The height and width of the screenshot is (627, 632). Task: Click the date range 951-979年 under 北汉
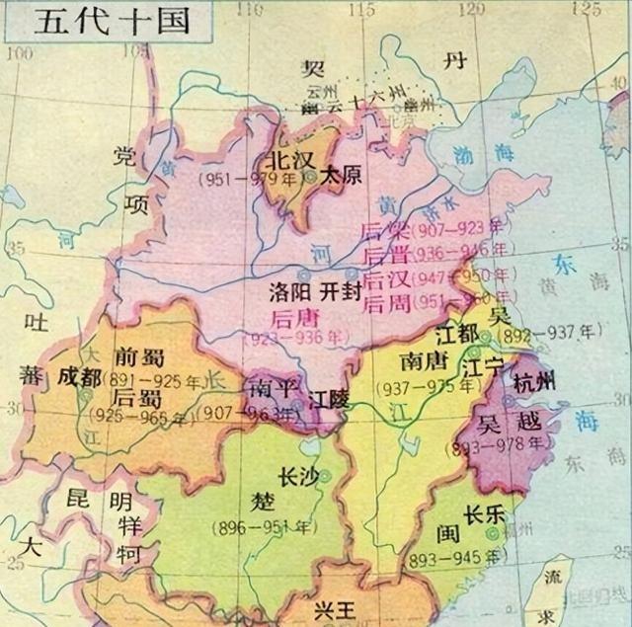pos(254,181)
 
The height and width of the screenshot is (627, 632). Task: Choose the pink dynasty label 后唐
pos(293,317)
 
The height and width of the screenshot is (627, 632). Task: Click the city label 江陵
pos(329,402)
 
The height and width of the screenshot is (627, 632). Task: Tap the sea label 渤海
pos(478,155)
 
